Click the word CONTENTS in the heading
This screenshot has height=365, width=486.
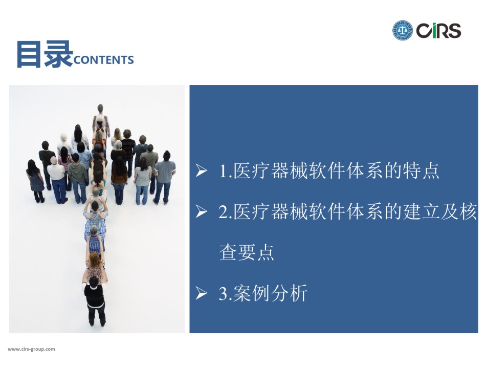(104, 60)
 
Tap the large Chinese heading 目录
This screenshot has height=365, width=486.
(45, 54)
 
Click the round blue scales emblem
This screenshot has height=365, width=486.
(402, 30)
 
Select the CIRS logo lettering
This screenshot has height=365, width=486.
(438, 31)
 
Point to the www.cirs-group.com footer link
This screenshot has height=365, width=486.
(31, 349)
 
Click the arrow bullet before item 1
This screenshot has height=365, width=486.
(202, 170)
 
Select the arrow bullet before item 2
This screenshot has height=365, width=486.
(202, 211)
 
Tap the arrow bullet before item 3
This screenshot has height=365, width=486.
(202, 293)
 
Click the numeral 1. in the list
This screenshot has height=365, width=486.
(226, 171)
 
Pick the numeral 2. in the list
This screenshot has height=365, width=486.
(226, 211)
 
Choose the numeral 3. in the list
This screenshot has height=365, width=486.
(226, 293)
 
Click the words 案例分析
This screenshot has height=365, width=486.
(270, 293)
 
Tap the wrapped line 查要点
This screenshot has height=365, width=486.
(247, 252)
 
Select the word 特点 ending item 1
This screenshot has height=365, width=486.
(421, 171)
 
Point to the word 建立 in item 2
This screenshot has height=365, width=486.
(421, 211)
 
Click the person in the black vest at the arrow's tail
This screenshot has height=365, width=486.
(95, 302)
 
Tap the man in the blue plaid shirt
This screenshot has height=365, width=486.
(95, 218)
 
